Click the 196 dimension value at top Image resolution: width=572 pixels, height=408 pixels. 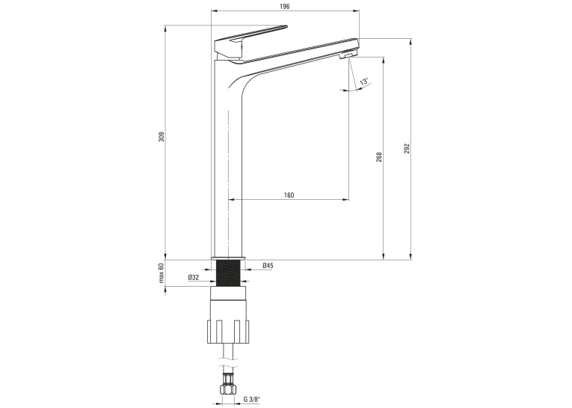[285, 7]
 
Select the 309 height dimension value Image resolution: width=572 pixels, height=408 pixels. [162, 136]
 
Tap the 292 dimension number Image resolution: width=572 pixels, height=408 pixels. [407, 148]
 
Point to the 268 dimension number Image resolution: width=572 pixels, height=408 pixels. [379, 157]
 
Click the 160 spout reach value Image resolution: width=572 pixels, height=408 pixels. [289, 195]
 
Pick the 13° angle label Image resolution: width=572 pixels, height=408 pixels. [364, 82]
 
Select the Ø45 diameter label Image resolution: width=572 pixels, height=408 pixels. [268, 266]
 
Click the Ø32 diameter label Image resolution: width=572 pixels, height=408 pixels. [194, 278]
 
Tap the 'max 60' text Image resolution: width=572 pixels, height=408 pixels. [162, 272]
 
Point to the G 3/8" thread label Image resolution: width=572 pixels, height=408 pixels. [252, 400]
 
